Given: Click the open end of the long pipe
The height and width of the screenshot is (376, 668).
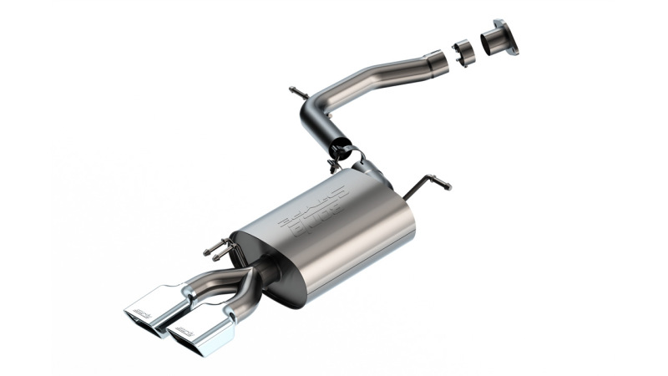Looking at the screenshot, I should tap(436, 61).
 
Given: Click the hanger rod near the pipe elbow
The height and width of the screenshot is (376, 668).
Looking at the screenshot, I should tap(299, 93).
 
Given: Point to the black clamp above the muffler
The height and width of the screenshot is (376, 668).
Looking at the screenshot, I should tap(344, 153).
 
